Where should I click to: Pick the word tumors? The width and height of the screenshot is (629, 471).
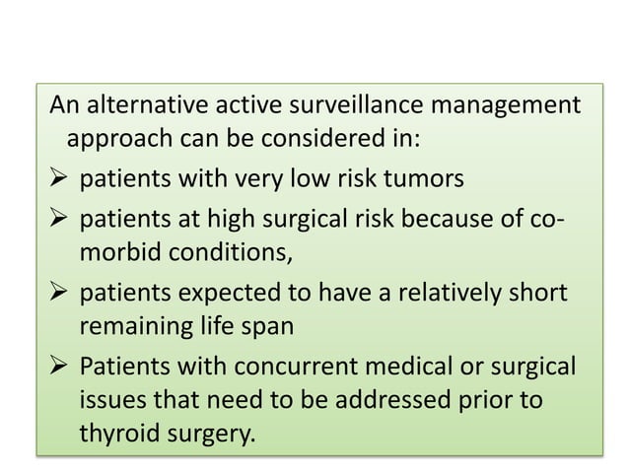click(x=430, y=180)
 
